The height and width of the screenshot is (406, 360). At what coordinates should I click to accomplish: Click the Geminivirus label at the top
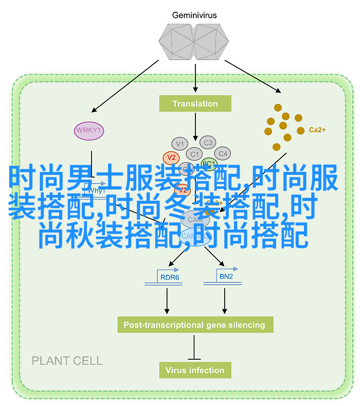pyautogui.click(x=195, y=15)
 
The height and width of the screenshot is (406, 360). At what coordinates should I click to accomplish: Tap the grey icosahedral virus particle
pyautogui.click(x=195, y=43)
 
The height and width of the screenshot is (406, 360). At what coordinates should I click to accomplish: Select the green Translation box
pyautogui.click(x=195, y=104)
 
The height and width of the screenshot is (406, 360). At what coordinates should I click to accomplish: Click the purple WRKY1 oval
pyautogui.click(x=89, y=130)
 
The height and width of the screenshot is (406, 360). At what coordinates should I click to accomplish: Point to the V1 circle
pyautogui.click(x=179, y=144)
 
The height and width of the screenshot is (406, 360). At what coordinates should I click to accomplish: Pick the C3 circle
pyautogui.click(x=208, y=143)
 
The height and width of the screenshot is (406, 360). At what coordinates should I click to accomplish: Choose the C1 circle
pyautogui.click(x=194, y=154)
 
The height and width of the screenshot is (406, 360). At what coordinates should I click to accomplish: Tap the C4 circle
pyautogui.click(x=222, y=153)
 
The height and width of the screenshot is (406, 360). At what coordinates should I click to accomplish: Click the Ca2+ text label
pyautogui.click(x=317, y=130)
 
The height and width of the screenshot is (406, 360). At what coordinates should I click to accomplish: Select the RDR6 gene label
pyautogui.click(x=170, y=277)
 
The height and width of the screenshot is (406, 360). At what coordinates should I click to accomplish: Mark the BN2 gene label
pyautogui.click(x=226, y=277)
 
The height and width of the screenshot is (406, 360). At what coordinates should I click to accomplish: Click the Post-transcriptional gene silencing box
pyautogui.click(x=194, y=325)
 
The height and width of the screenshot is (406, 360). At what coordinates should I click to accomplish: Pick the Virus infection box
pyautogui.click(x=194, y=370)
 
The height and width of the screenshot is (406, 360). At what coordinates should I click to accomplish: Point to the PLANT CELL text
pyautogui.click(x=67, y=361)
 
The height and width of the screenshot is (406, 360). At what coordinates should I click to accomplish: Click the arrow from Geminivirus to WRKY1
pyautogui.click(x=126, y=85)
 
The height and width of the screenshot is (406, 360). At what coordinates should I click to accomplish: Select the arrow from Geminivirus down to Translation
pyautogui.click(x=195, y=77)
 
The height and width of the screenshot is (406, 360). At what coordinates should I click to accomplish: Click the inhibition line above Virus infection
pyautogui.click(x=194, y=347)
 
